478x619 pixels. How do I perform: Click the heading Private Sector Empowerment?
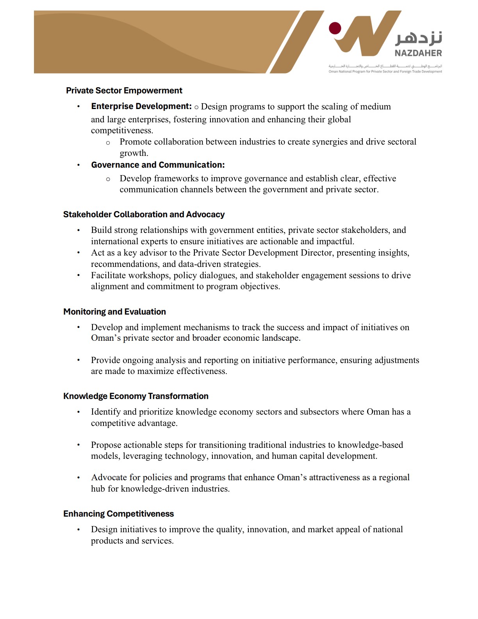point(124,91)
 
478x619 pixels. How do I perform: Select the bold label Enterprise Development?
point(141,106)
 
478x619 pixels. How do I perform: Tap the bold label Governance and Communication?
point(158,165)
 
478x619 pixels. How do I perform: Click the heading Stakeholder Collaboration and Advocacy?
point(144,215)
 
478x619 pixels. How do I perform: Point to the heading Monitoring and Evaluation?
point(114,312)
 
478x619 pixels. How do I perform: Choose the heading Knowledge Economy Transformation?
point(136,396)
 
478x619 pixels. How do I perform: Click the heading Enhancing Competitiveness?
point(118,514)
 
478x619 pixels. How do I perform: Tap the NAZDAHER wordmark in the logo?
point(418,53)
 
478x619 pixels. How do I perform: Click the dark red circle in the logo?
point(335,28)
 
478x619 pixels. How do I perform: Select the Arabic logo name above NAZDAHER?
point(419,38)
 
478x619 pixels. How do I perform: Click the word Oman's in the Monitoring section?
point(106,338)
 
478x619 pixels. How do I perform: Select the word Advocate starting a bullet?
point(109,478)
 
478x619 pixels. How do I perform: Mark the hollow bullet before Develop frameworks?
point(108,179)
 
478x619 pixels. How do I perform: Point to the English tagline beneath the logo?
point(385,72)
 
